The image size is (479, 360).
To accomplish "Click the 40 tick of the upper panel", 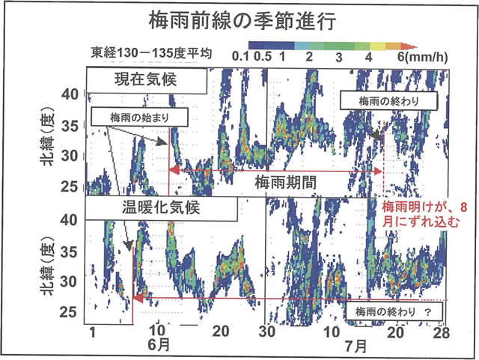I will click(x=70, y=94).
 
